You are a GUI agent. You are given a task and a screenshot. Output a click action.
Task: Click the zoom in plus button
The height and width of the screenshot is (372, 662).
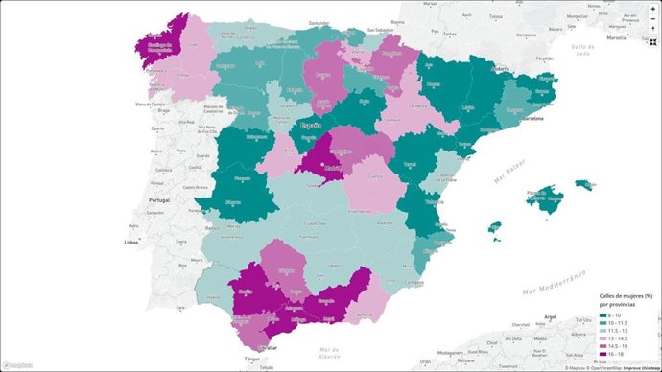point(652,8)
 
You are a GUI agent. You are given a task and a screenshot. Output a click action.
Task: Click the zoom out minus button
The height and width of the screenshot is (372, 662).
point(652,18)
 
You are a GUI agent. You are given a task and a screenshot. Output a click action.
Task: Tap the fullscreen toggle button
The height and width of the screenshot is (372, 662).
point(652,30)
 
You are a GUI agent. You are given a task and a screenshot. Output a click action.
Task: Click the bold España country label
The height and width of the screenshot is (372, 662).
point(311,126)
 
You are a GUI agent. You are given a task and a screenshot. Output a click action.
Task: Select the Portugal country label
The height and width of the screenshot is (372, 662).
point(158,199)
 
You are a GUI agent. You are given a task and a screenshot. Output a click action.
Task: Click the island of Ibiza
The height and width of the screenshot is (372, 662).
point(495,228)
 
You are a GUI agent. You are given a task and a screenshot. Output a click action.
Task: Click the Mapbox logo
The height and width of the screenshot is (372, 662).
point(18,365)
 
